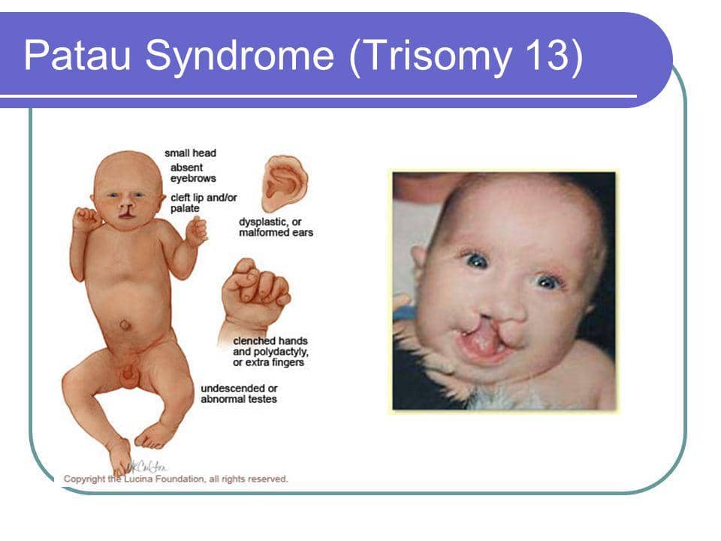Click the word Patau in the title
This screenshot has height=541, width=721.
[x=77, y=55]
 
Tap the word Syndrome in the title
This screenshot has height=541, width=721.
[x=240, y=57]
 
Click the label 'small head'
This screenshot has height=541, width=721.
[x=190, y=153]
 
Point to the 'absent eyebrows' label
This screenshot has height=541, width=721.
[x=193, y=173]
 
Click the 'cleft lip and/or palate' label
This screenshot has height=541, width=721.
[x=204, y=203]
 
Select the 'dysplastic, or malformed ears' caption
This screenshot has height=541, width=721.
[x=276, y=227]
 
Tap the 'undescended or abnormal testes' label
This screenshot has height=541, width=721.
[x=239, y=394]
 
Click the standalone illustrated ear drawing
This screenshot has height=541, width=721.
[x=285, y=183]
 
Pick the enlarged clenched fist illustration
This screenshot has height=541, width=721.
[x=254, y=297]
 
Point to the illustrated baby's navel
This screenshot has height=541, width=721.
[x=125, y=325]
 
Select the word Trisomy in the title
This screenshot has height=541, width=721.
[x=438, y=57]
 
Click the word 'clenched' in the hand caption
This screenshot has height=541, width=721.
[x=252, y=341]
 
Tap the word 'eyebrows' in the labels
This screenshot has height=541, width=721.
[x=193, y=179]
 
